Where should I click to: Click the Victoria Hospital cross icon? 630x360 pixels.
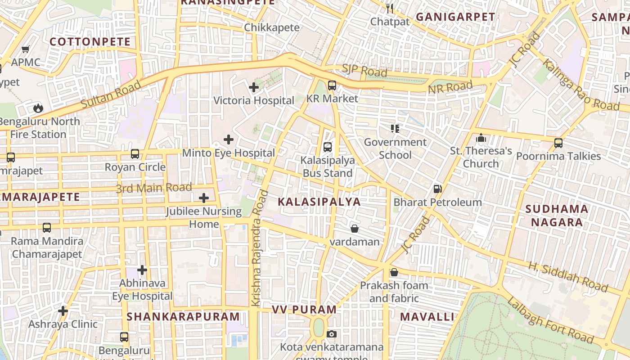point(254,87)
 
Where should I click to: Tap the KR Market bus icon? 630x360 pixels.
point(332,85)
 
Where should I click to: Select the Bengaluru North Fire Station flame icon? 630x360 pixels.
point(38,108)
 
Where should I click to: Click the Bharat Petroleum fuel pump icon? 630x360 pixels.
point(437,189)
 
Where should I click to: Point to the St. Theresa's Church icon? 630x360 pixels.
point(481,138)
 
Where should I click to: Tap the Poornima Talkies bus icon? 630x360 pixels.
point(558,143)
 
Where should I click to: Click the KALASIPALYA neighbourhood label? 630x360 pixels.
point(319,202)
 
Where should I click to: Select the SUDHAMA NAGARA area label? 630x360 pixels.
point(557,216)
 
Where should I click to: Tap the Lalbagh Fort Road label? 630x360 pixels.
point(550,320)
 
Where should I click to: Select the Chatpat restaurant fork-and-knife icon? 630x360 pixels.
point(390,9)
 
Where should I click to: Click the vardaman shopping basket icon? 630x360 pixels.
point(355,229)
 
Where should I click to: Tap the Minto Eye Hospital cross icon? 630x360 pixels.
point(229,139)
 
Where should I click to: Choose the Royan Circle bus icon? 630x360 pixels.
point(135,154)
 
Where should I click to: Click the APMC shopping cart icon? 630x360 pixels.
point(26,49)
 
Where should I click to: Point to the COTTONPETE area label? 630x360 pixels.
point(90,42)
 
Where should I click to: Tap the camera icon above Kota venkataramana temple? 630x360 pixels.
point(332,334)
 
